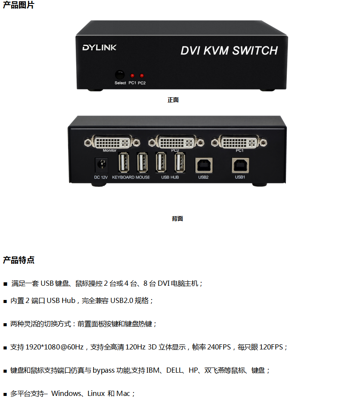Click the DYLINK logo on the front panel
[99, 47]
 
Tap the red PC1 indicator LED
[132, 76]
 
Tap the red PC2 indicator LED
[142, 76]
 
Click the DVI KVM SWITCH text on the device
[229, 50]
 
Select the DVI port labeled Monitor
[112, 142]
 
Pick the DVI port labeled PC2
[177, 142]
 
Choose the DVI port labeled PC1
[239, 142]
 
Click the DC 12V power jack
[101, 165]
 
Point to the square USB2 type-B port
[204, 165]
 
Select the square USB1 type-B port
[240, 165]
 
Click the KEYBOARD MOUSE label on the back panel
[131, 177]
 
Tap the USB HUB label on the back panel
[170, 177]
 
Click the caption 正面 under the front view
[173, 100]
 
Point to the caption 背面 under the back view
[177, 219]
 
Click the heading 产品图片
[19, 5]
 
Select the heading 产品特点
[19, 260]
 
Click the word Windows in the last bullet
[66, 393]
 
